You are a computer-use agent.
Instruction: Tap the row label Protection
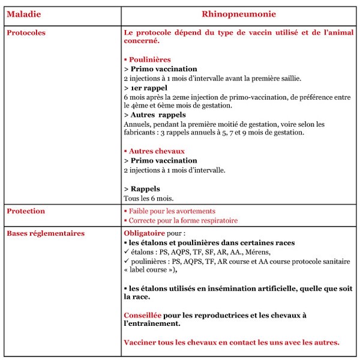tap(26, 211)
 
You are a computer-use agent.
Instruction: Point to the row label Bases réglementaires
tap(45, 233)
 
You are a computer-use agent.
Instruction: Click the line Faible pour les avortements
tap(170, 211)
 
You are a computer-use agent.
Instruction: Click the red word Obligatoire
tap(144, 233)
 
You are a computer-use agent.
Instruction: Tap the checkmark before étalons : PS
tap(126, 252)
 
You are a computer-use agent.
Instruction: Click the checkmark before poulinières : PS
tap(126, 262)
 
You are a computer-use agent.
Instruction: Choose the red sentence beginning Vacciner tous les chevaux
tap(231, 343)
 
